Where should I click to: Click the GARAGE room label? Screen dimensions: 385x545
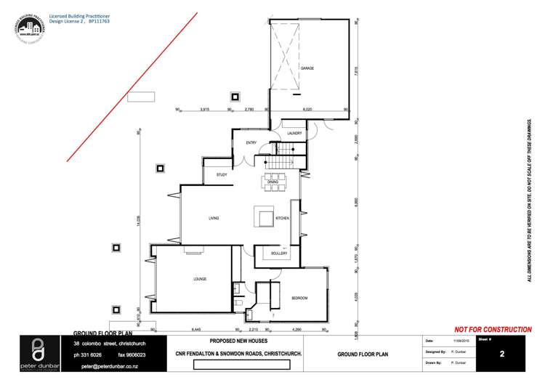tap(307, 68)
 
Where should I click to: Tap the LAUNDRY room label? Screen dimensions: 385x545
tap(294, 134)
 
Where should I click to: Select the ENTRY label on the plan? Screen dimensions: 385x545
tap(251, 142)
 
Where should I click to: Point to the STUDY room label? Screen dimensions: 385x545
tap(222, 175)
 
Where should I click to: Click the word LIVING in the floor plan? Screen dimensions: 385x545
tap(214, 218)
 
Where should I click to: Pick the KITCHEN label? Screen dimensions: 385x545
tap(282, 218)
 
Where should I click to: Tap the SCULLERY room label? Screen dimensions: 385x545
tap(280, 253)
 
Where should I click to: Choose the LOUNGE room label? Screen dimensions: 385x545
tap(201, 279)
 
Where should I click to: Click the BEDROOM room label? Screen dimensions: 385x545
tap(299, 298)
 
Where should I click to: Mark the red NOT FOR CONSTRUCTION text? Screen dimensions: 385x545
tap(493, 330)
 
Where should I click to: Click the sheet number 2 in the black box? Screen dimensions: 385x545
tap(502, 355)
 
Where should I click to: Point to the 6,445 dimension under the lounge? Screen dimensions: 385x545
tap(195, 329)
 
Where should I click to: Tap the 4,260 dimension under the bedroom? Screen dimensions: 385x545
tap(296, 329)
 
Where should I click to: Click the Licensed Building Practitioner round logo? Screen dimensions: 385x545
tap(27, 28)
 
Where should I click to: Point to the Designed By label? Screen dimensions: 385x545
tap(435, 351)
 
